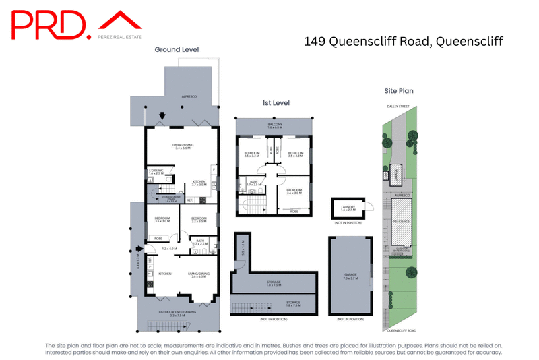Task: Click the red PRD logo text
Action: click(x=51, y=26)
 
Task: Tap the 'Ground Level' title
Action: click(x=177, y=49)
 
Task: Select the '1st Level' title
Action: click(x=276, y=102)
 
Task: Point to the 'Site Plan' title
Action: click(x=398, y=90)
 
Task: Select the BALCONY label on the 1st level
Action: click(x=274, y=125)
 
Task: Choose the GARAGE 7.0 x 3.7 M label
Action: click(x=348, y=277)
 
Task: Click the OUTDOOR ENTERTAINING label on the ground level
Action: click(x=177, y=313)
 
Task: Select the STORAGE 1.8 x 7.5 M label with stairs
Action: click(x=274, y=304)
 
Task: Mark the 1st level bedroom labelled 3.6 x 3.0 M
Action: click(x=293, y=191)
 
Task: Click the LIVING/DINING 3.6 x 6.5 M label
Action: click(x=197, y=274)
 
